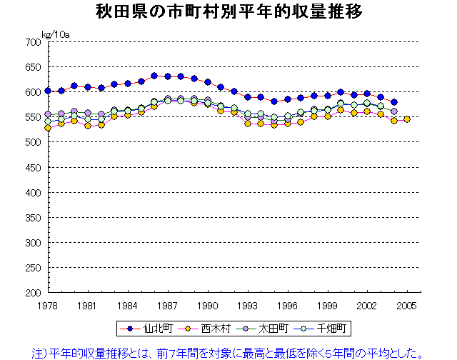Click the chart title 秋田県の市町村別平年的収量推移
(x=228, y=12)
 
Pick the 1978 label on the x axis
(x=48, y=305)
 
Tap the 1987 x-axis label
(x=168, y=305)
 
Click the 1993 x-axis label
(x=248, y=305)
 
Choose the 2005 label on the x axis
(x=407, y=305)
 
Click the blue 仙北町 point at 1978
(x=48, y=91)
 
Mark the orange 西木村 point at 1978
(x=48, y=128)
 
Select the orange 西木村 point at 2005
(x=407, y=119)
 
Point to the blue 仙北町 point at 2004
(x=393, y=102)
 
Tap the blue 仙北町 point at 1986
(x=154, y=75)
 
